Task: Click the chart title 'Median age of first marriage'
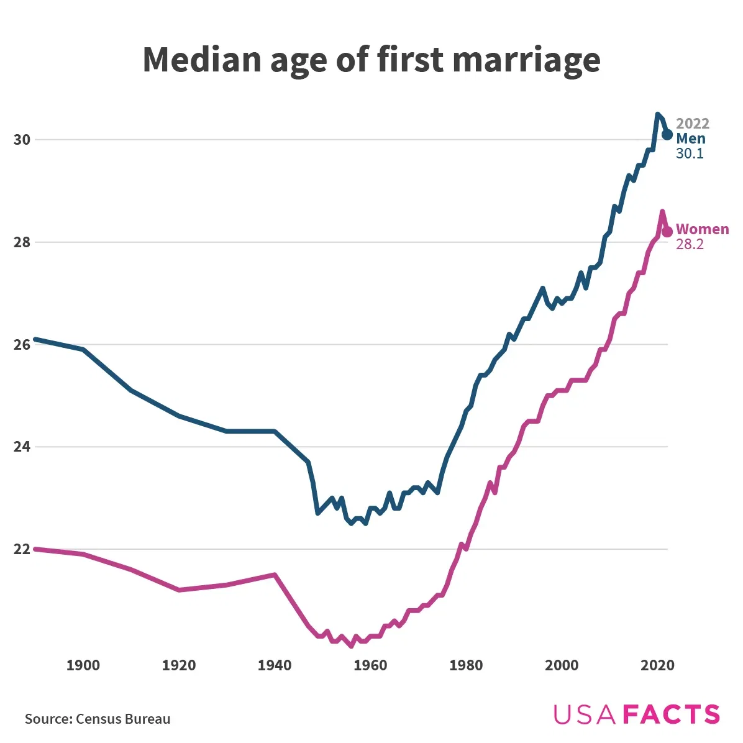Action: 371,60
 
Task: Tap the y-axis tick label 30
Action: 22,140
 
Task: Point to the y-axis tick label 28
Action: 22,242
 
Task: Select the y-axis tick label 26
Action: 22,345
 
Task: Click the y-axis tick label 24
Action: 22,447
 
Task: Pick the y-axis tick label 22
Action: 22,550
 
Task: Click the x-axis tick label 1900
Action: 83,665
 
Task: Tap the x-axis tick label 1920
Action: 179,665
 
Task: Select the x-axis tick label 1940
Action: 275,665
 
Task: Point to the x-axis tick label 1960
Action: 370,665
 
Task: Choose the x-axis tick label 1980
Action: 466,665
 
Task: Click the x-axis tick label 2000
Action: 562,665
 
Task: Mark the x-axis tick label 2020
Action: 657,665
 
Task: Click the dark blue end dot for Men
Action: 667,134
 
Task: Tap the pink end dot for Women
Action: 667,232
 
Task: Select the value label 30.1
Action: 690,153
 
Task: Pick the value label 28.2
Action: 690,244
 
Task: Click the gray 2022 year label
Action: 692,124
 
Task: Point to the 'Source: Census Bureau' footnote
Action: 98,719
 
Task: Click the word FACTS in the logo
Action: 671,714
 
